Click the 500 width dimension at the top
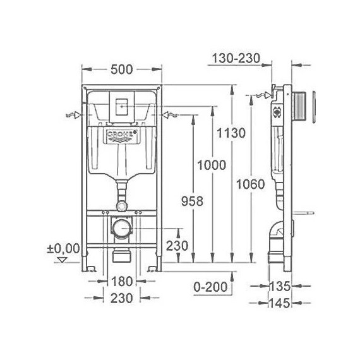pyautogui.click(x=122, y=69)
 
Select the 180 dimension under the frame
pyautogui.click(x=123, y=281)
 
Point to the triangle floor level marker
pyautogui.click(x=61, y=258)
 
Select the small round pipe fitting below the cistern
pyautogui.click(x=122, y=206)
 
